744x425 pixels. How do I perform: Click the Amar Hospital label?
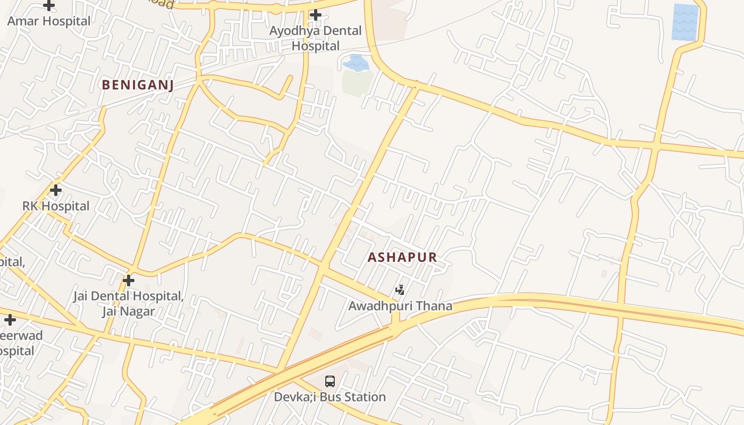pos(49,21)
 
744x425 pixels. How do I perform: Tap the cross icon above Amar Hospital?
pos(49,6)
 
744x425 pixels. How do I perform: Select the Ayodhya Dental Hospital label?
pos(315,38)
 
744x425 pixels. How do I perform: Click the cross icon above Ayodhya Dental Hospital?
pos(316,15)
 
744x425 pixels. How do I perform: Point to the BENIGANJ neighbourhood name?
pos(138,85)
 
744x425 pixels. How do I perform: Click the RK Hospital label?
pos(56,206)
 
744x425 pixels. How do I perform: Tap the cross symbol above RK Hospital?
pos(56,190)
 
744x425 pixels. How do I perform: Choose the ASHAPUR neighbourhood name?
pos(402,258)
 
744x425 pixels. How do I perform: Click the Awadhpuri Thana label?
pos(400,306)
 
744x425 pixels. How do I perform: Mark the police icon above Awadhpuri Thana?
pos(400,290)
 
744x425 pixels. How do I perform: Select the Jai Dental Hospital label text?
pos(129,296)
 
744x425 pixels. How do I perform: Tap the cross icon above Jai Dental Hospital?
pos(129,280)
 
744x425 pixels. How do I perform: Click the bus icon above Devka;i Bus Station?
pos(330,381)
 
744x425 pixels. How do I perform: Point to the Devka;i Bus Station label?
pos(329,397)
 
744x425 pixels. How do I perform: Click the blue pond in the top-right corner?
pos(685,22)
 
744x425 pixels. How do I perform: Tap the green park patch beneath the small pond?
pos(357,82)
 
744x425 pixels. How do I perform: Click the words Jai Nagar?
pos(129,311)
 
